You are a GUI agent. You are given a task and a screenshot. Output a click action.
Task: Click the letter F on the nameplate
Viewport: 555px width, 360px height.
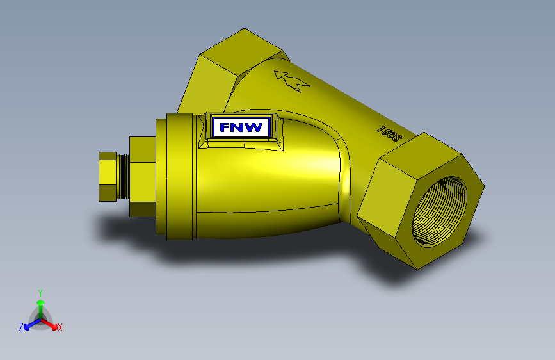pyautogui.click(x=225, y=127)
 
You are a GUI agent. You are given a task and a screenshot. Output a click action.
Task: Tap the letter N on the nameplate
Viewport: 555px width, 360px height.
pyautogui.click(x=239, y=127)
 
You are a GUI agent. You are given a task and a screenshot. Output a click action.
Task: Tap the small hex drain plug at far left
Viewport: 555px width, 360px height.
pyautogui.click(x=108, y=176)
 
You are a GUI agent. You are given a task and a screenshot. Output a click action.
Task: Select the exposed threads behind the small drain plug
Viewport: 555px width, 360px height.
pyautogui.click(x=123, y=176)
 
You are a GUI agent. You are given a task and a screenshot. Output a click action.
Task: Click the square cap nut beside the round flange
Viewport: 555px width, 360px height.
pyautogui.click(x=143, y=176)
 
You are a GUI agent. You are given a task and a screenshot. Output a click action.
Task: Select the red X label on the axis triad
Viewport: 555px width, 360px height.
pyautogui.click(x=60, y=328)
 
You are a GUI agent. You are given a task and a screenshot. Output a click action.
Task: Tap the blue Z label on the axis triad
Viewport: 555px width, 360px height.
pyautogui.click(x=21, y=327)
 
